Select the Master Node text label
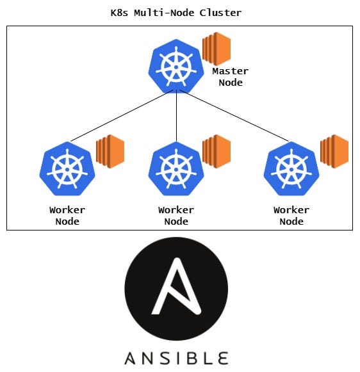coord(230,76)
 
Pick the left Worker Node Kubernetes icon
coord(67,169)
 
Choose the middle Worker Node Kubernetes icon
coord(176,169)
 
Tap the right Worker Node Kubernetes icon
coord(291,169)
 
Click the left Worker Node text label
coord(67,215)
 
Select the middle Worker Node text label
coord(176,215)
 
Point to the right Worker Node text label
coord(291,215)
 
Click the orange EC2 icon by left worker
coord(110,151)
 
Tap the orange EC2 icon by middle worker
coord(217,151)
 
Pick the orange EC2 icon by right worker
coord(334,151)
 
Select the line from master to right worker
coord(234,115)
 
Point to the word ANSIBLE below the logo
coord(176,357)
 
